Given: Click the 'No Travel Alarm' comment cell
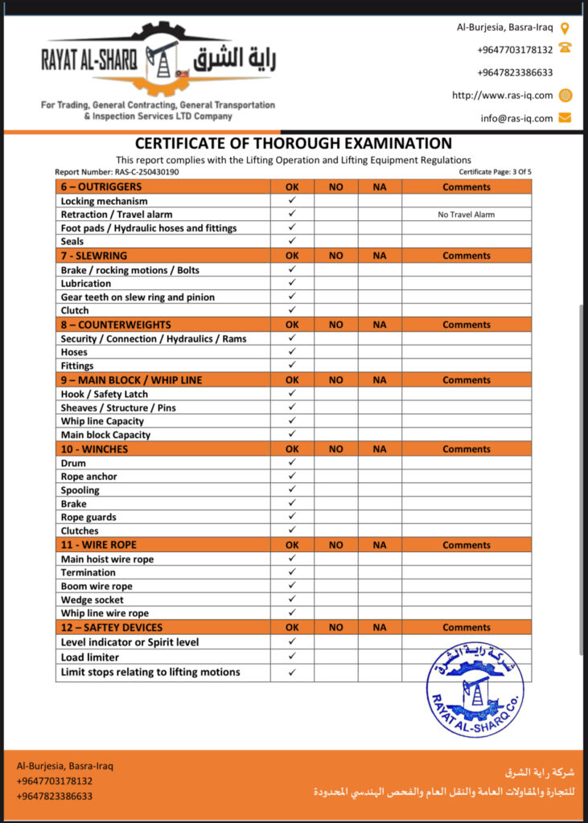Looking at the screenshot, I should point(466,215).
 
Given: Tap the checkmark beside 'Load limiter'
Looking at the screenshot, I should point(292,657).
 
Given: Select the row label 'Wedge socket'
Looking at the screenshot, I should point(93,600).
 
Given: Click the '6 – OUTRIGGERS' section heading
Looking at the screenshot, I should point(101,187).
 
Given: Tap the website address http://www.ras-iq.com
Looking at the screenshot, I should point(502,95).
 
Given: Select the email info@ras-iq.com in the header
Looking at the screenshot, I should point(516,118).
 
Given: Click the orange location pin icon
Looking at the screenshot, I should point(565,28).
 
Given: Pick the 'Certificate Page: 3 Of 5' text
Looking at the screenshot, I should point(495,172).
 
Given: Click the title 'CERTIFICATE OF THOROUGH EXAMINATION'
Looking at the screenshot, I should point(293,144).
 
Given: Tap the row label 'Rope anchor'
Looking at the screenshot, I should point(89,477).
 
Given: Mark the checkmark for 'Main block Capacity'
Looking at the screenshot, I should point(292,435).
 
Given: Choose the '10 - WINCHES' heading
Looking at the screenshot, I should point(94,449).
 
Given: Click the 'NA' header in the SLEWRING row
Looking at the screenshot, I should point(380,256).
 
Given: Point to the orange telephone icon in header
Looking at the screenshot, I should point(565,48).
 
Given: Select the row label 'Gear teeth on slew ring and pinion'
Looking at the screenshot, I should point(138,297).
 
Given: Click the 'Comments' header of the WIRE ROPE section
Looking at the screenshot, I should point(466,545).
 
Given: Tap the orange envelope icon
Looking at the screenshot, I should point(565,118).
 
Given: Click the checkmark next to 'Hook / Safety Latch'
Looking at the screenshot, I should point(292,394).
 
